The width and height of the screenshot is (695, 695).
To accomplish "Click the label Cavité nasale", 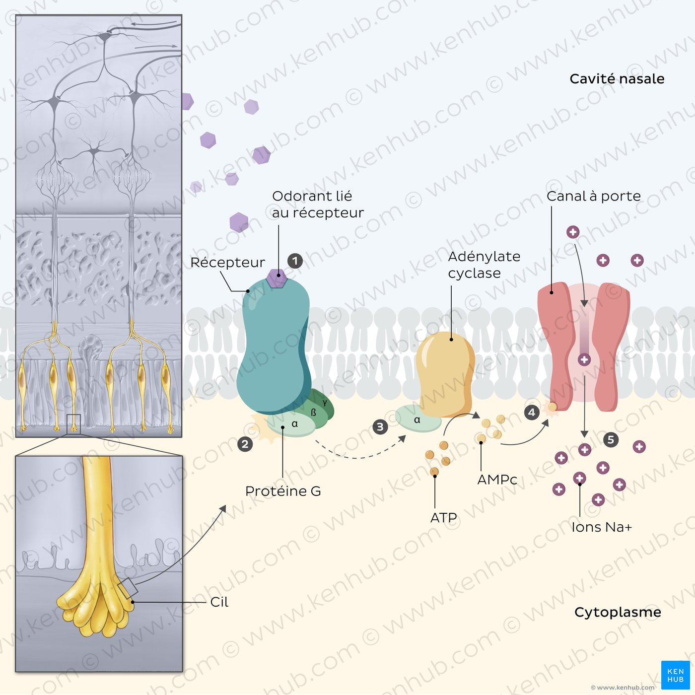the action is tap(617, 78).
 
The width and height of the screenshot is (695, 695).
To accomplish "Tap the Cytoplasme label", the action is tap(618, 613).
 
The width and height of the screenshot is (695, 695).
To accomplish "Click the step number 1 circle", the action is tap(295, 261).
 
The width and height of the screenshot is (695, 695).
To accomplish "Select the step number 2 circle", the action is tap(245, 444).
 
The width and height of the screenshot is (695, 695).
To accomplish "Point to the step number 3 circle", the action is tap(380, 427).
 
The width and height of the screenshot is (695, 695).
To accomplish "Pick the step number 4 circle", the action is tap(532, 413).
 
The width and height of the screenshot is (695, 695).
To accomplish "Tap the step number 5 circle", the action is tap(611, 440).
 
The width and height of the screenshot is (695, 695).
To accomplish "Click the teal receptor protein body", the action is tap(274, 346).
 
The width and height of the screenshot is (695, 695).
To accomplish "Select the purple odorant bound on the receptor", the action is tap(277, 278).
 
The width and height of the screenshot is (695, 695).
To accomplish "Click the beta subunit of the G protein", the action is tap(313, 413).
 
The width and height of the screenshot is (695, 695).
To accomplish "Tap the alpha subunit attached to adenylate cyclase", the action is tap(418, 418).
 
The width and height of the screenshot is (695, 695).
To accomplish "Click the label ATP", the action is tap(444, 518).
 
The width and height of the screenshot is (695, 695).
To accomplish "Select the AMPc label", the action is tap(497, 480).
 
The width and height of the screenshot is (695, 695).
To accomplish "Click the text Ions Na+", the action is tap(602, 527).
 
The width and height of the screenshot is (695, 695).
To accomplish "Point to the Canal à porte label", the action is tap(594, 196).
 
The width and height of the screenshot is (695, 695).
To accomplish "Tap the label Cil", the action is tap(219, 602).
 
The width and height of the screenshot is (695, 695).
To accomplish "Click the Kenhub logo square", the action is tap(675, 675).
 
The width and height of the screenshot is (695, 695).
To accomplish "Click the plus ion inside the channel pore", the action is tap(584, 359).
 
